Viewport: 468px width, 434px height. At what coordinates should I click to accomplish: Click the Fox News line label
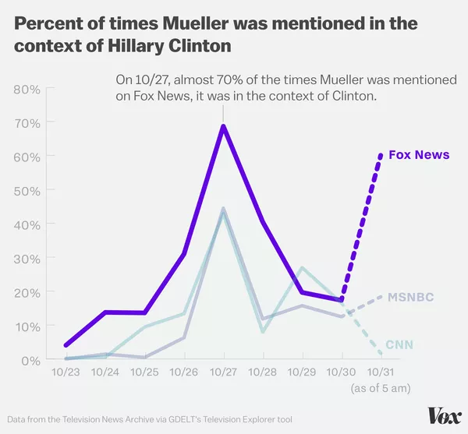pos(419,154)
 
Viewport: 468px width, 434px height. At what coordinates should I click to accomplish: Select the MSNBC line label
pos(411,298)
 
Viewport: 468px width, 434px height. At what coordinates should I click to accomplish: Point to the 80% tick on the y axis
pos(27,88)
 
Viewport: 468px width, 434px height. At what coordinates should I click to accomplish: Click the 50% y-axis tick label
pos(27,189)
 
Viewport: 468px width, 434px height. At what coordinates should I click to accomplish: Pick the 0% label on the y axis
pos(30,359)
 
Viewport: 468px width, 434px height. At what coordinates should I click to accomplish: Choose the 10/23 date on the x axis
pos(66,373)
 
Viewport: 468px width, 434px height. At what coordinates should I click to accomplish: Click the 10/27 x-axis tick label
pos(223,373)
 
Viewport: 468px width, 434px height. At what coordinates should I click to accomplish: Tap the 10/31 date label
pos(381,373)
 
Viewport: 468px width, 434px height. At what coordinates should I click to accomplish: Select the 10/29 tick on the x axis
pos(302,373)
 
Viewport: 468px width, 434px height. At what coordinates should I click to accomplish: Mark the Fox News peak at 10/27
pos(223,126)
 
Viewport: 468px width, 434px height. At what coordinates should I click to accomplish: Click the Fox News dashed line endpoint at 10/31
pos(381,155)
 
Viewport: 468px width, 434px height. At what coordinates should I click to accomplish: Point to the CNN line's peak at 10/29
pos(302,268)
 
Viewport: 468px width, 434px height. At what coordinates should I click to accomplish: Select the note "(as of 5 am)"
pos(381,387)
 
